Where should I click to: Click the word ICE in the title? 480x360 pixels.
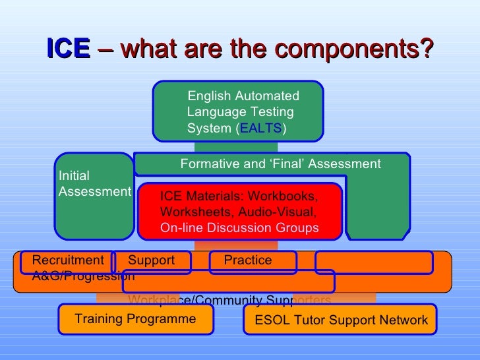68,48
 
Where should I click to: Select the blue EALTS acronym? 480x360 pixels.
261,128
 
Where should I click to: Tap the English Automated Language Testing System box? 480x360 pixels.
238,111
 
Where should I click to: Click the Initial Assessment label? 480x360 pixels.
94,183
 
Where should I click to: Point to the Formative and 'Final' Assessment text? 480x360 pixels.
280,164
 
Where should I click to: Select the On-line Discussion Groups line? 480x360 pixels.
239,228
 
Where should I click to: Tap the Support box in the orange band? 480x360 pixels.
151,260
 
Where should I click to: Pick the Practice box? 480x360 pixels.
248,260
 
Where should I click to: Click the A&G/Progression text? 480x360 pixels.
83,276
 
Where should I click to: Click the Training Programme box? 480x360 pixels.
135,319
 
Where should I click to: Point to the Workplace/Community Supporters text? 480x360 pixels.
229,301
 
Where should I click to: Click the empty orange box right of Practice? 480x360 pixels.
373,262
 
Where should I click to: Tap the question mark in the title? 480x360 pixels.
427,48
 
